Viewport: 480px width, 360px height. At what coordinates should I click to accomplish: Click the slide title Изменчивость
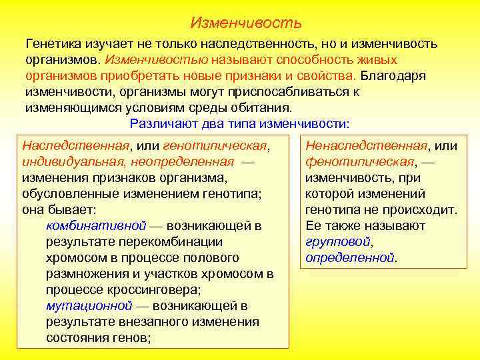[245, 23]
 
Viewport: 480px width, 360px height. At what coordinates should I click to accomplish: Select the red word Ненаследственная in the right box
[366, 145]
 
